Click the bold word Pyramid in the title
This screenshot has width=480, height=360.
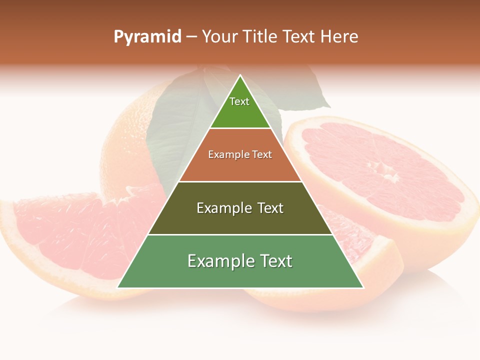(147, 37)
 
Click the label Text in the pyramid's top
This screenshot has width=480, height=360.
(239, 101)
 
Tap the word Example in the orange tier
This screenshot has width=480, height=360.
(224, 154)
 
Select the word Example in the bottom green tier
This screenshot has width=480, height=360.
(214, 261)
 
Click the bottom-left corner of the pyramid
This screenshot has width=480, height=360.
(118, 287)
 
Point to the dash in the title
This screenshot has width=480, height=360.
(191, 37)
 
